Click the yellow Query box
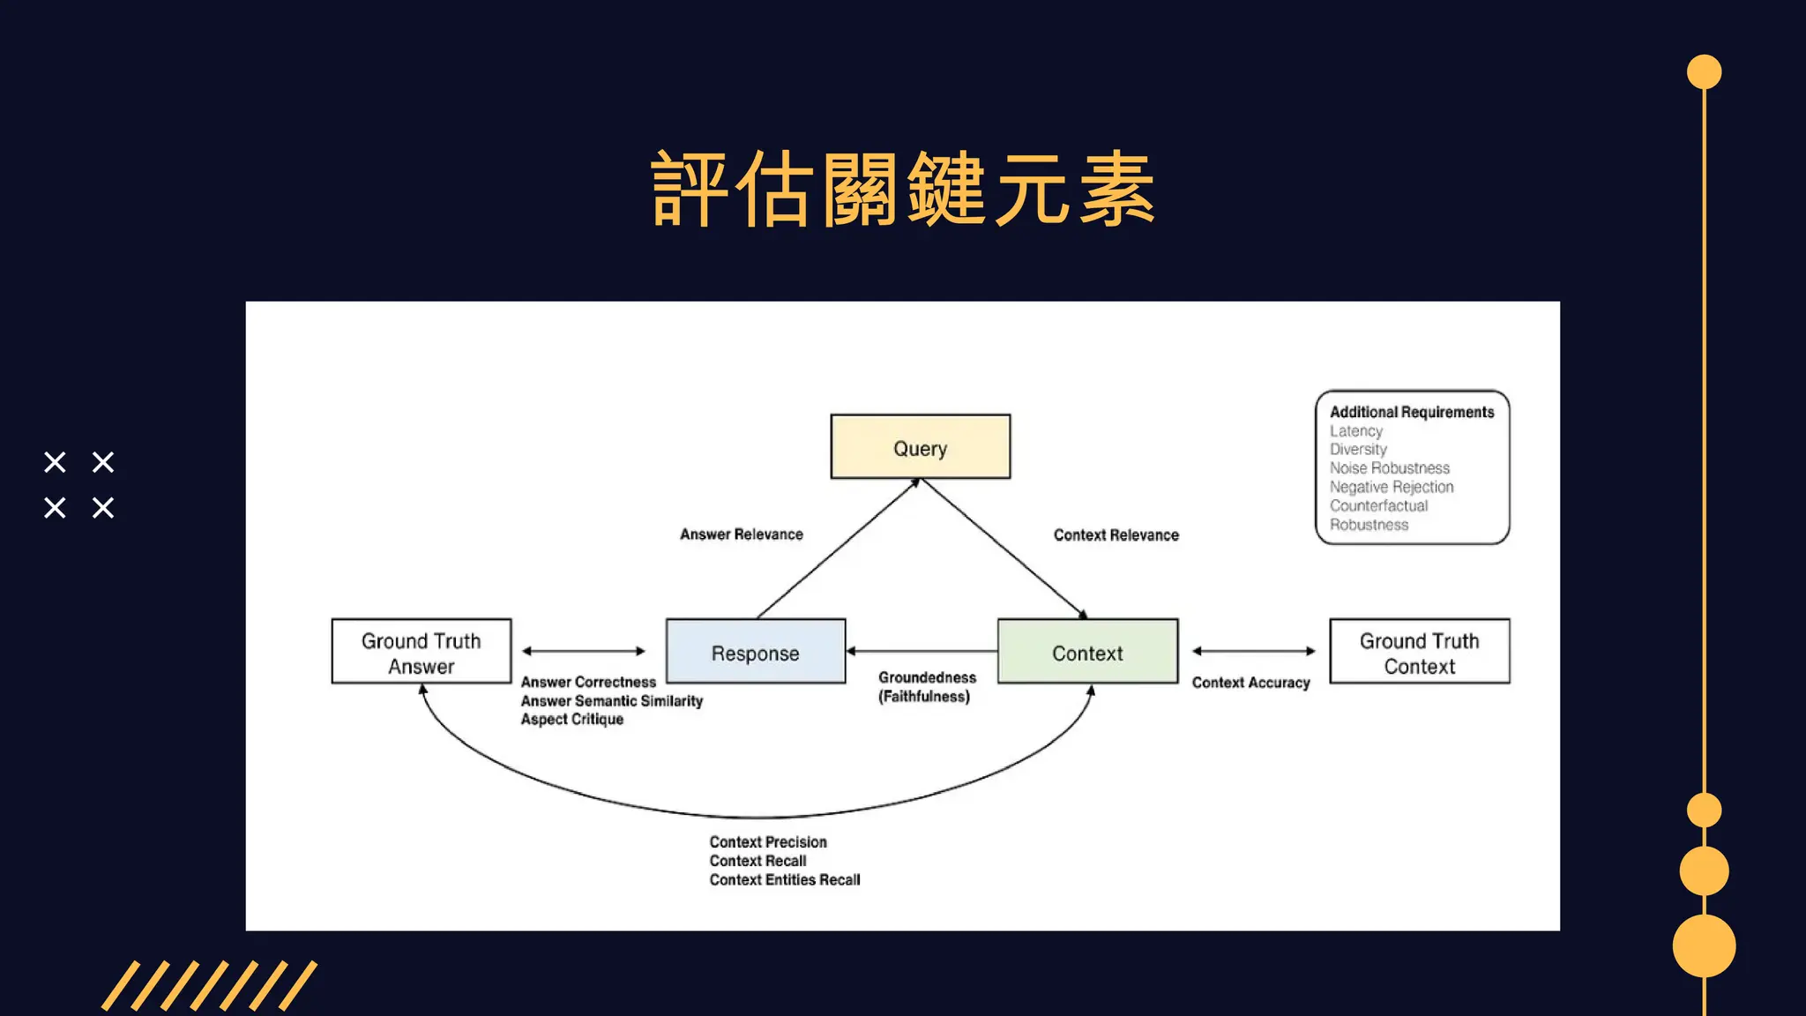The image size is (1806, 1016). [920, 447]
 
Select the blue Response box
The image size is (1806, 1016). [756, 652]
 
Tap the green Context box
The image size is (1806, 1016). [1087, 652]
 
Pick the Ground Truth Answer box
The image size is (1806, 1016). [422, 652]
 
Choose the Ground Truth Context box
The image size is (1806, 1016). [1419, 652]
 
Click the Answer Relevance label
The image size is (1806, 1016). [741, 534]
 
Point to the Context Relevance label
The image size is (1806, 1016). [1116, 535]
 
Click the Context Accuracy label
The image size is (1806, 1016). [1250, 683]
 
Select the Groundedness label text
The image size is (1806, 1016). [927, 677]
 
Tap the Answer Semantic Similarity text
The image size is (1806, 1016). [611, 701]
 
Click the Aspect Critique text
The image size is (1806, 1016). [571, 720]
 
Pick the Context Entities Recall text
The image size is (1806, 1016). [784, 880]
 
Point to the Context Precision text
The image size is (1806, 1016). [768, 842]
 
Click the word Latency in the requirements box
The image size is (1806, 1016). [1356, 431]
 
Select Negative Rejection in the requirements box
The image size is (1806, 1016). [1392, 487]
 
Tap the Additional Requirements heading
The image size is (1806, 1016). [1412, 412]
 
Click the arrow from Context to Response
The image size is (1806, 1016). [922, 651]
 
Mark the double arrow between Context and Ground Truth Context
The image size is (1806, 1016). [1253, 651]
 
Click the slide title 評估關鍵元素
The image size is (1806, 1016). [903, 190]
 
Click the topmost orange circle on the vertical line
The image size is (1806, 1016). [1704, 72]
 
